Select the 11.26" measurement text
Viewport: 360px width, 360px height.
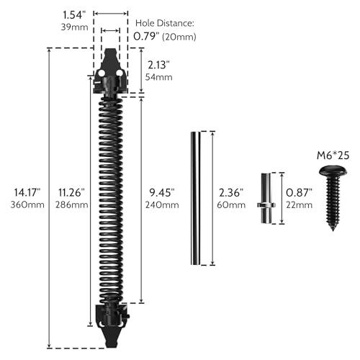coord(71,192)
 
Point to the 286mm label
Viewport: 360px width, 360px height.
coord(71,205)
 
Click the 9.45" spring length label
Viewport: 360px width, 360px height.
coord(163,192)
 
